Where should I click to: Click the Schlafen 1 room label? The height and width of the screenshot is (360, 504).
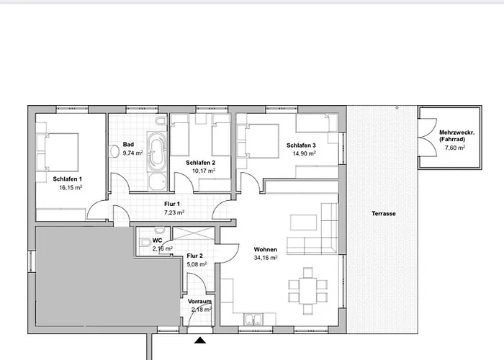(67, 179)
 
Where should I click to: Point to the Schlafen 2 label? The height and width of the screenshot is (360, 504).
(201, 163)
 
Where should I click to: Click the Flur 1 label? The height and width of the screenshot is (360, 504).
(173, 204)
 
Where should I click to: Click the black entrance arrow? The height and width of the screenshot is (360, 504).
(199, 338)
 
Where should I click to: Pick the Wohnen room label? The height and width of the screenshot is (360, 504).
(265, 250)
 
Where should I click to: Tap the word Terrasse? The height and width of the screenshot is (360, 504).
(383, 214)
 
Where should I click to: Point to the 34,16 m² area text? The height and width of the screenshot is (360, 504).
(265, 258)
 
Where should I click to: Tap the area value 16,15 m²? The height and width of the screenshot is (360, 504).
(71, 187)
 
